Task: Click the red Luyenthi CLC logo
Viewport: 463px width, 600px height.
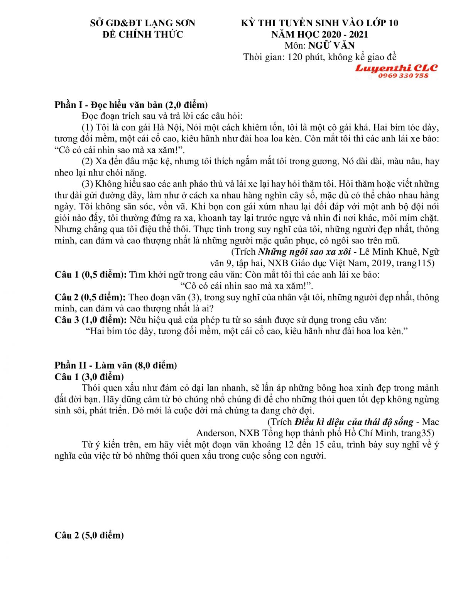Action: [x=396, y=68]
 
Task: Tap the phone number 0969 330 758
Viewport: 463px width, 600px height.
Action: [x=403, y=76]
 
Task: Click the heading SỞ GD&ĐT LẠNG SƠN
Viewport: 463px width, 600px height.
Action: [x=143, y=23]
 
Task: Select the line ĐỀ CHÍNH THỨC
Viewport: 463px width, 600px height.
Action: [x=143, y=34]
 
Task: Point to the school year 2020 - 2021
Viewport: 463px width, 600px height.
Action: [x=339, y=34]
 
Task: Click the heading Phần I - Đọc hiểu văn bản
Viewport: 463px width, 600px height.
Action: [x=131, y=105]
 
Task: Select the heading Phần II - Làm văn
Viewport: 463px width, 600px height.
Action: [x=115, y=365]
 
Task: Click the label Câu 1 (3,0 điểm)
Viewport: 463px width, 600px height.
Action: [x=89, y=377]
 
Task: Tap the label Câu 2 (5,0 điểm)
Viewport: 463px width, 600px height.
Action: [x=89, y=535]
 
